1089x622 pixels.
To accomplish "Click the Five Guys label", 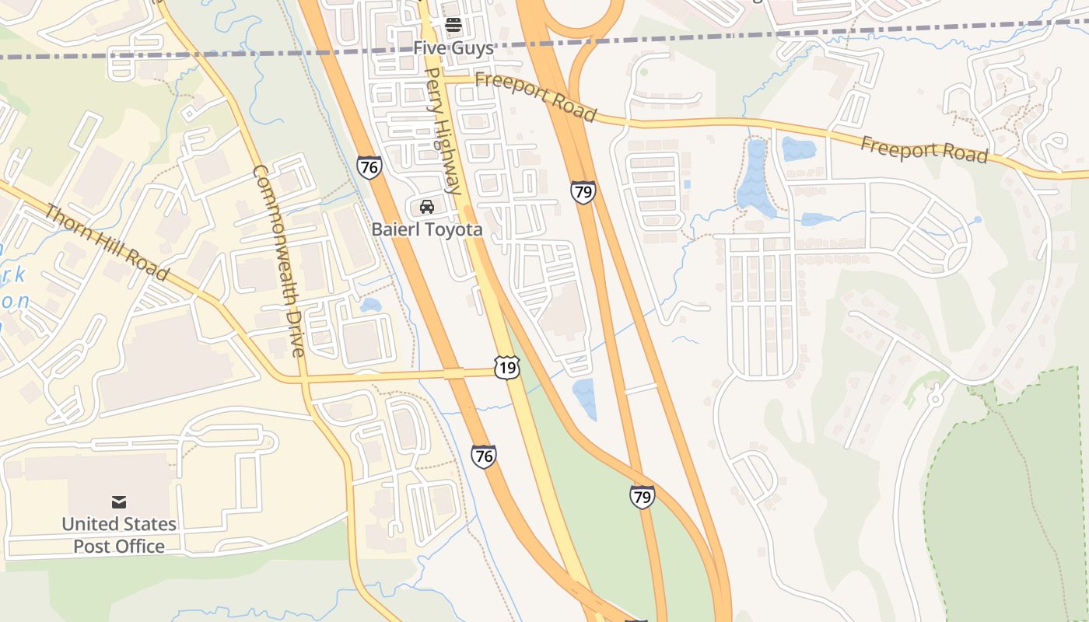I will pos(453,48).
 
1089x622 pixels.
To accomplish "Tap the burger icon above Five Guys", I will pos(453,26).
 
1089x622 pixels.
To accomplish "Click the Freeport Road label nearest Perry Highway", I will pos(535,96).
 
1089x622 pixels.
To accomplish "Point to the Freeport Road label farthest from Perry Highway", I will pos(924,149).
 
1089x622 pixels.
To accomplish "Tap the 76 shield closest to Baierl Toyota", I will pos(369,166).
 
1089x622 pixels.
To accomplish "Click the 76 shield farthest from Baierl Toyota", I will pos(483,456).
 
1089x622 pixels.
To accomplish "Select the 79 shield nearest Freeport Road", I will pos(583,192).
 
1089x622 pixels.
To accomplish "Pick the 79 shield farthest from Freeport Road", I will pos(642,496).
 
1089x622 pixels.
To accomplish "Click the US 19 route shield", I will pos(506,368).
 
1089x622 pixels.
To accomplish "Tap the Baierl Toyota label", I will pos(426,229).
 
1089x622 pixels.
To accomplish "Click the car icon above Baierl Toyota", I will pos(426,207).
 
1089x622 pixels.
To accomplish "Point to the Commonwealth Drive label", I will pos(277,260).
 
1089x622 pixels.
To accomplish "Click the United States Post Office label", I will pos(119,535).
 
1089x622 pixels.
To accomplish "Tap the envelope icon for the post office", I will pos(119,501).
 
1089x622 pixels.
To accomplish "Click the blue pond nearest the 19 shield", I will pos(584,398).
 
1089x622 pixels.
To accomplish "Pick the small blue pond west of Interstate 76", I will pos(370,305).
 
